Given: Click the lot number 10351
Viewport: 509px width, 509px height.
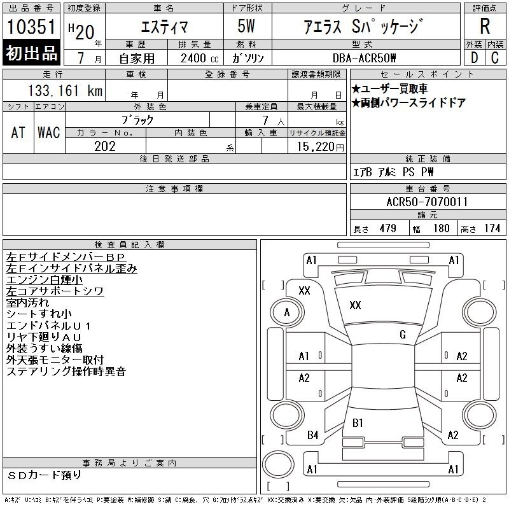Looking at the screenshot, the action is [x=31, y=27].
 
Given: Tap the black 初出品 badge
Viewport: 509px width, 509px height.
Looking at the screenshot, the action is [x=31, y=53].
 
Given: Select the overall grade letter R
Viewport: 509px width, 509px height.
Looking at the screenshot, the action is [x=485, y=26].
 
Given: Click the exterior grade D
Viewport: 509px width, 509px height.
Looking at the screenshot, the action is [x=474, y=58].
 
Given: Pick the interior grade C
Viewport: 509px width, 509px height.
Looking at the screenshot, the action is [x=495, y=58].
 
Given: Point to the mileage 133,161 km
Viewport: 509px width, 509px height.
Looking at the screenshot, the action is [x=66, y=90].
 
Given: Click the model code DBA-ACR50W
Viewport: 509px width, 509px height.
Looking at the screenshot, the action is [x=364, y=58].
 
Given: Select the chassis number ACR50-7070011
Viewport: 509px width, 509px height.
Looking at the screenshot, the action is [x=427, y=202].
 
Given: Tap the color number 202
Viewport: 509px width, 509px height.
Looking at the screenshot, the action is [x=105, y=146].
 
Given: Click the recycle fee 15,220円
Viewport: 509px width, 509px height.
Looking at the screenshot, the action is [x=320, y=147].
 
